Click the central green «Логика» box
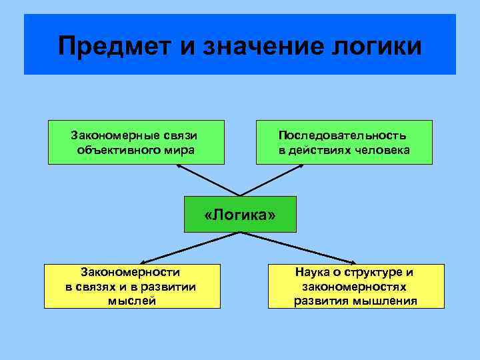[x=240, y=215]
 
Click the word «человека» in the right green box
[x=383, y=150]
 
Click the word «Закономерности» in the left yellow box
[x=131, y=272]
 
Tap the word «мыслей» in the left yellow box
[x=131, y=301]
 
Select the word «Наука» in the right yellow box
[x=313, y=272]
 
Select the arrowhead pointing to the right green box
[x=301, y=166]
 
